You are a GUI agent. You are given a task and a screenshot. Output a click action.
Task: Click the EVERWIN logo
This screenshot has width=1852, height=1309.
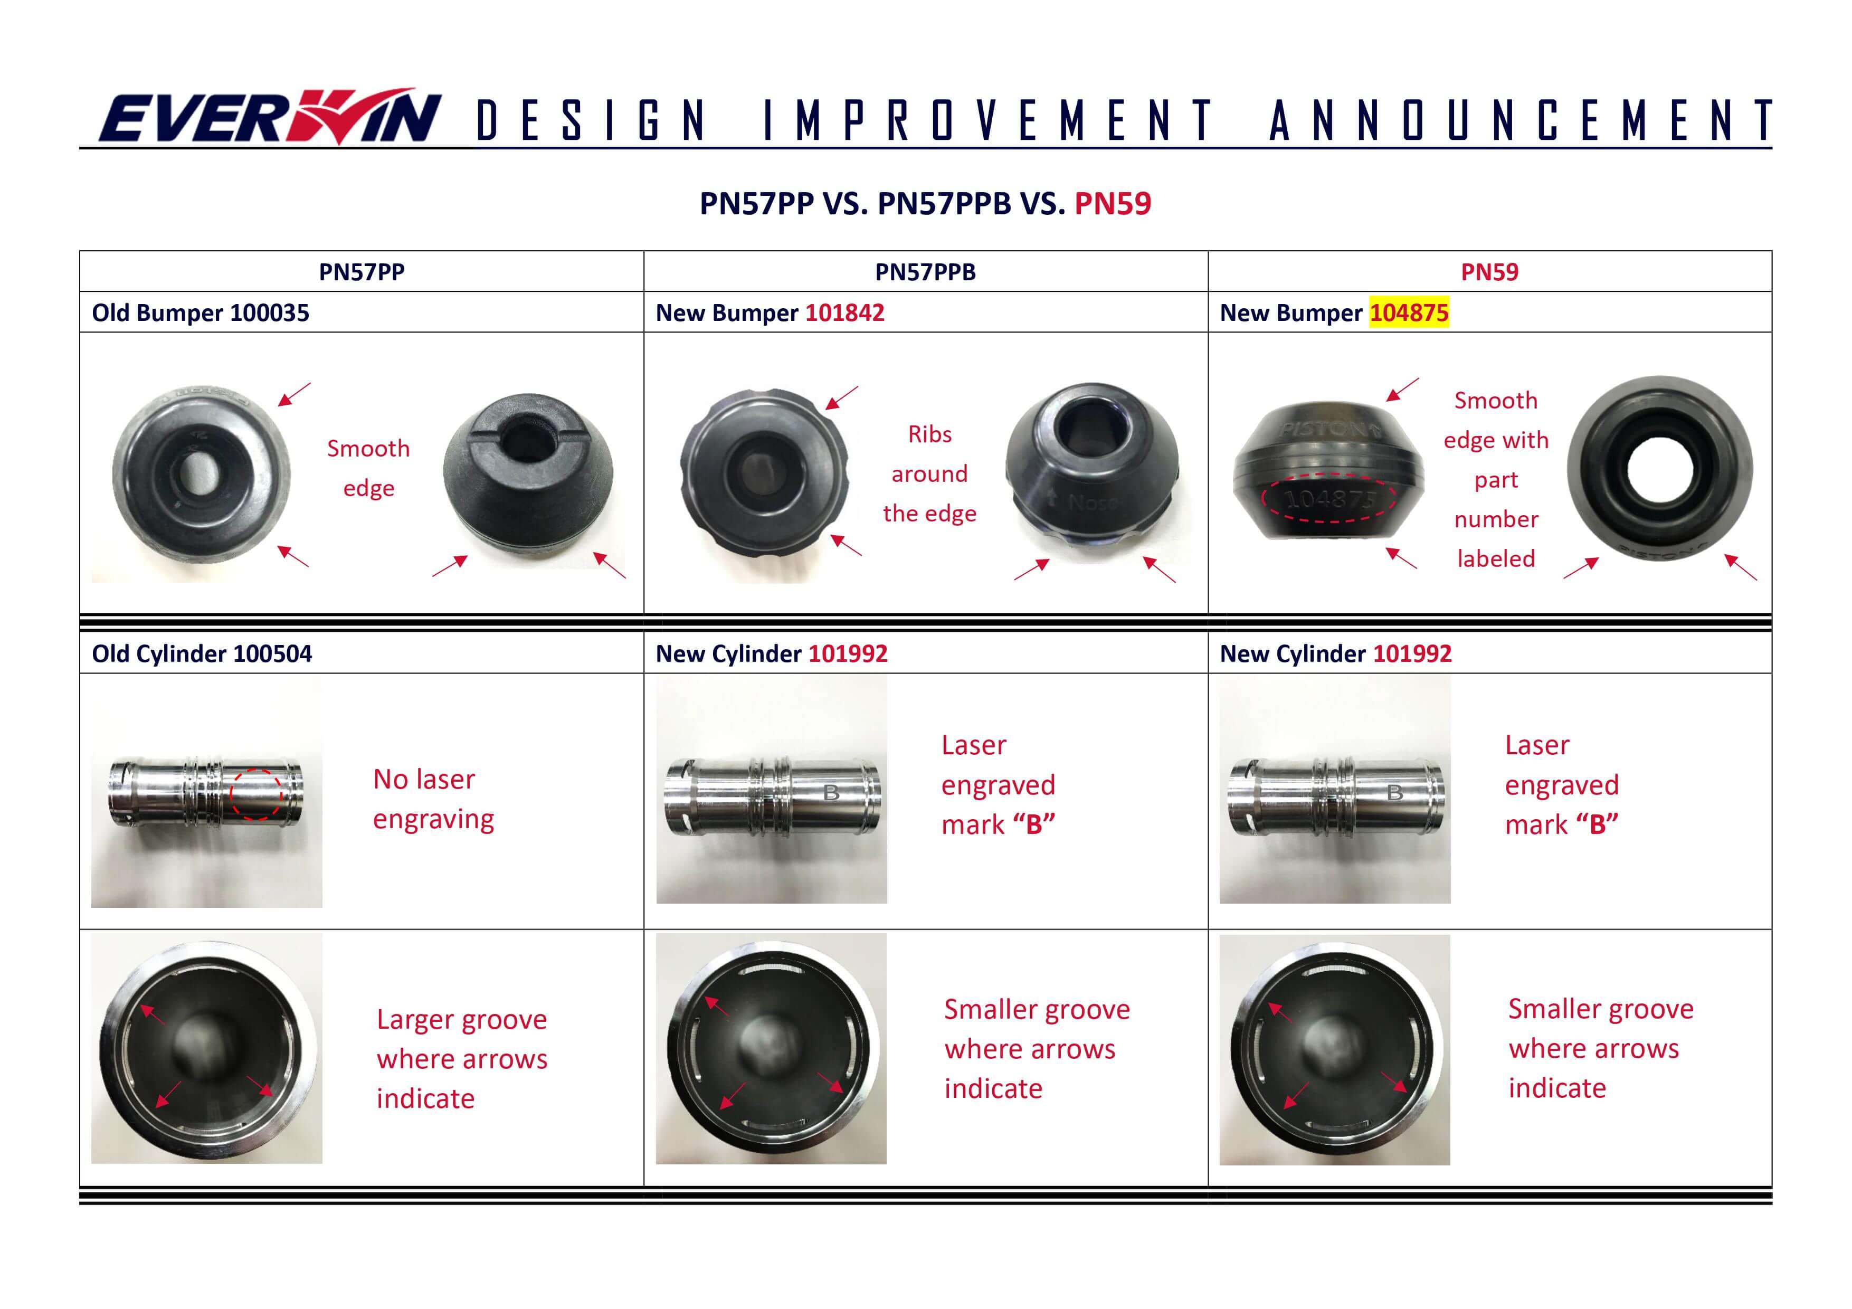(269, 118)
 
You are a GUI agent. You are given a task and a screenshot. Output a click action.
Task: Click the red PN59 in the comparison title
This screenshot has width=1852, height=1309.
(1113, 203)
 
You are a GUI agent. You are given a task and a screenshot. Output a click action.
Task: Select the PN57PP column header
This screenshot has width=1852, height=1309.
(362, 272)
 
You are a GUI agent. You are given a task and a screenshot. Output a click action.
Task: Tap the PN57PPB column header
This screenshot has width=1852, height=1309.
(925, 272)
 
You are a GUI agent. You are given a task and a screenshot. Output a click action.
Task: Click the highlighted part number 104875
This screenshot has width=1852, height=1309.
(1408, 313)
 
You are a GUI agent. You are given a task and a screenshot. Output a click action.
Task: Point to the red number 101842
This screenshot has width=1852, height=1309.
(844, 313)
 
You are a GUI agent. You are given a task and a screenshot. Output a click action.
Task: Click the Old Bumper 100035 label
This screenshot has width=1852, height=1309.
(200, 313)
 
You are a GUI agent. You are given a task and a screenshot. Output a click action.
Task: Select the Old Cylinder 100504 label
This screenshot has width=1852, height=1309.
(202, 653)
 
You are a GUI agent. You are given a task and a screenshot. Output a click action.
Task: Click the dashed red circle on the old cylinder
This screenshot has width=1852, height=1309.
(257, 794)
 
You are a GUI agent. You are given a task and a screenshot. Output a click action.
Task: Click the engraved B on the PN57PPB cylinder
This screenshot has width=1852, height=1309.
(832, 793)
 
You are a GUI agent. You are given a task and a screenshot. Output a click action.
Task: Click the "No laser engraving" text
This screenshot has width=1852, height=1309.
(433, 799)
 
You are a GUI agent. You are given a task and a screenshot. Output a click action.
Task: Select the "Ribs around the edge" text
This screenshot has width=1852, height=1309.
(929, 473)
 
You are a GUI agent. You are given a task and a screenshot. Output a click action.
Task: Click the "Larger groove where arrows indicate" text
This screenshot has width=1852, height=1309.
(461, 1058)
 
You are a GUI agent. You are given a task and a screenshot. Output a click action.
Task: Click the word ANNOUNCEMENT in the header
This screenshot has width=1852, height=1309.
(1519, 121)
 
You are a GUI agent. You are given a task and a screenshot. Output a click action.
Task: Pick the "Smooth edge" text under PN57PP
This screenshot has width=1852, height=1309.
(368, 468)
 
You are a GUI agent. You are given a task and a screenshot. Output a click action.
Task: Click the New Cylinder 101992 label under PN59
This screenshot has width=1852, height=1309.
(1335, 653)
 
